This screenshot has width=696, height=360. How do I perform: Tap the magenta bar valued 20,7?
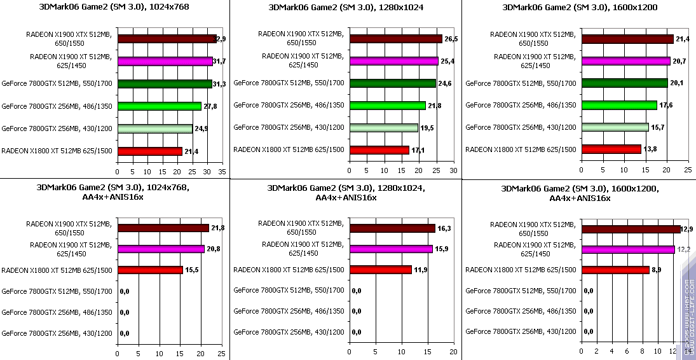[626, 61]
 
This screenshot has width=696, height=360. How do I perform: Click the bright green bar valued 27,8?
[159, 106]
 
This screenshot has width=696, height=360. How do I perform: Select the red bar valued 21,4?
[149, 151]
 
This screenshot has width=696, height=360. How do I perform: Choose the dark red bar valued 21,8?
[163, 228]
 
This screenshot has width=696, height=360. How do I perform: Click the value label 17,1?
[419, 150]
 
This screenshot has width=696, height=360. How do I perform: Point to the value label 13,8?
[651, 149]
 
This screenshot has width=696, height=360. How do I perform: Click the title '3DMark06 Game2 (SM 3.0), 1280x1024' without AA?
[346, 8]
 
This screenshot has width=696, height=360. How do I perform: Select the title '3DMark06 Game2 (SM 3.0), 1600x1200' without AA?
[580, 8]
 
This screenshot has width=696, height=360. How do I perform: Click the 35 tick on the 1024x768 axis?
[222, 172]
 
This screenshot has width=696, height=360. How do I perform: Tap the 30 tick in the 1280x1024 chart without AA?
[453, 172]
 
